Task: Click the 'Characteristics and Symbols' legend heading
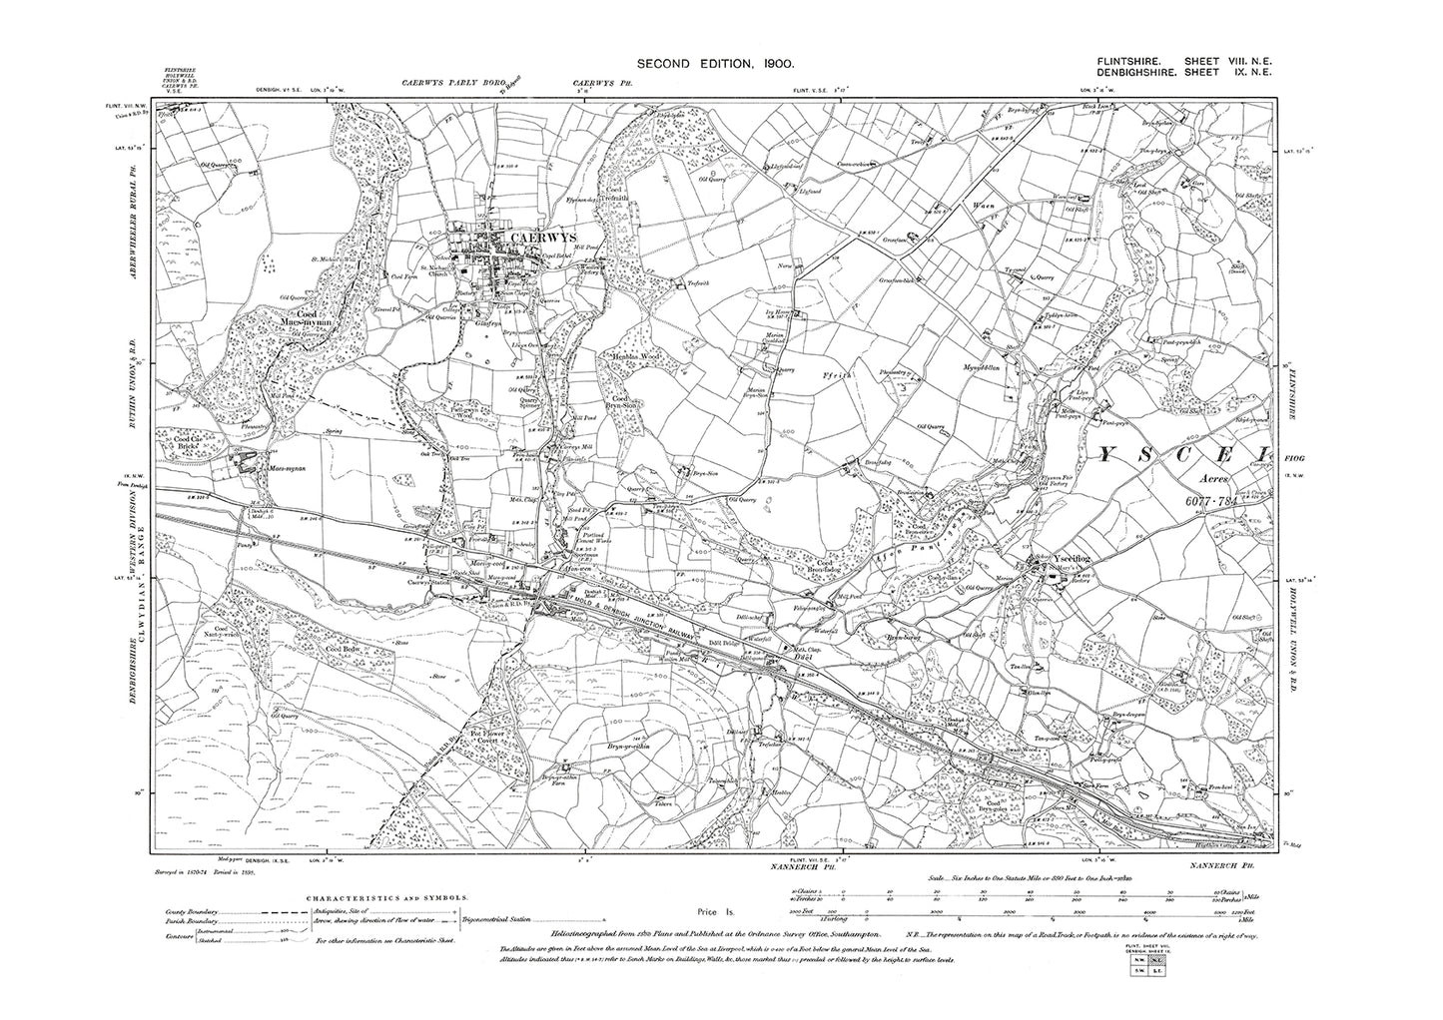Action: pyautogui.click(x=381, y=898)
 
